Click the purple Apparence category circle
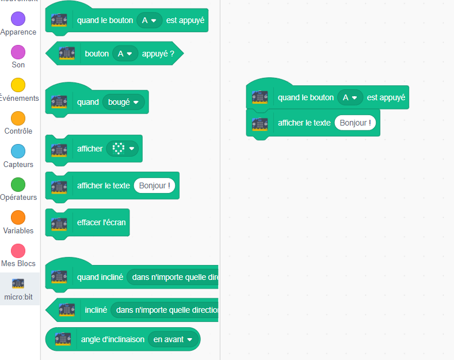tap(18, 18)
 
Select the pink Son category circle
tap(18, 52)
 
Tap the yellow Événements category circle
tap(18, 85)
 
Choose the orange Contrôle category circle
tap(18, 118)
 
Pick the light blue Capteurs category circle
tap(18, 151)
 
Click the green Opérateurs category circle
tap(18, 184)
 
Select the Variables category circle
tap(18, 218)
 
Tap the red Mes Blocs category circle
tap(18, 251)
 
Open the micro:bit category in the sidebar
tap(18, 288)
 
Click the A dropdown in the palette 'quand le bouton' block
tap(149, 21)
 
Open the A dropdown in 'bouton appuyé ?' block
tap(125, 54)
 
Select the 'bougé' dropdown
tap(123, 103)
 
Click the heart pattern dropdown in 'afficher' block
tap(123, 149)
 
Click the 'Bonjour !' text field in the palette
tap(154, 185)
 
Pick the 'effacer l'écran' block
tap(101, 222)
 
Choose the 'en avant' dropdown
tap(173, 339)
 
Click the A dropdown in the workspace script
tap(350, 98)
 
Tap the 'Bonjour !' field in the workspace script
tap(355, 123)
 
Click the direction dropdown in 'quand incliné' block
tap(173, 277)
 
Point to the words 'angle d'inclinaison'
tap(113, 339)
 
